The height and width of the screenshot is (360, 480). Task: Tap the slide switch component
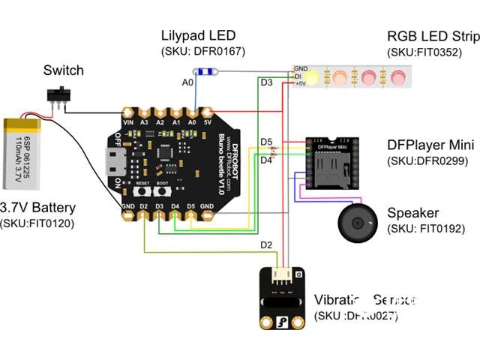point(56,96)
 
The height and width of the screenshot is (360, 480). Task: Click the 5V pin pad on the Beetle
point(208,121)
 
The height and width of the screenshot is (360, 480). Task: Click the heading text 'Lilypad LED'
point(199,36)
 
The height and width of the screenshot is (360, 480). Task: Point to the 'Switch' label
point(63,70)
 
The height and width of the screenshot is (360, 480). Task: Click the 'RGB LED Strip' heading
point(432,36)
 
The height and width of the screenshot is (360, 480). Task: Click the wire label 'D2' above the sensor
point(265,244)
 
